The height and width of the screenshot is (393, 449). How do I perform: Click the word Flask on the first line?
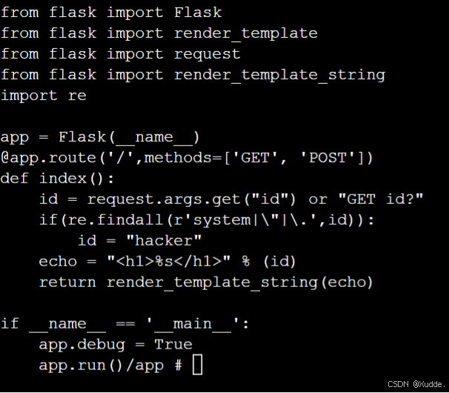tap(198, 13)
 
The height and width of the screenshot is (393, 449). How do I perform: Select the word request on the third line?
tap(207, 54)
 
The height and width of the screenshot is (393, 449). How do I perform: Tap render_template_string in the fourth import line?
tap(279, 75)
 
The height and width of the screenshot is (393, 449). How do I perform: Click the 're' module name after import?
tap(77, 96)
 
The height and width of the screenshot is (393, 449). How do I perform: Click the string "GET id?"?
tap(381, 199)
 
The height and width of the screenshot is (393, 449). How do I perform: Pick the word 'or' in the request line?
tap(318, 199)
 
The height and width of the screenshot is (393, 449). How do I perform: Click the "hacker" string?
tap(164, 241)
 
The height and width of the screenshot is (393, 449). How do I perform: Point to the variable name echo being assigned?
tap(58, 262)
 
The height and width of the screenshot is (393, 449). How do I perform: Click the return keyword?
tap(67, 283)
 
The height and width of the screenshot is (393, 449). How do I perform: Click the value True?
tap(173, 345)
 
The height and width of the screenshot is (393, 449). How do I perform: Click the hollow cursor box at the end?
tap(197, 365)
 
